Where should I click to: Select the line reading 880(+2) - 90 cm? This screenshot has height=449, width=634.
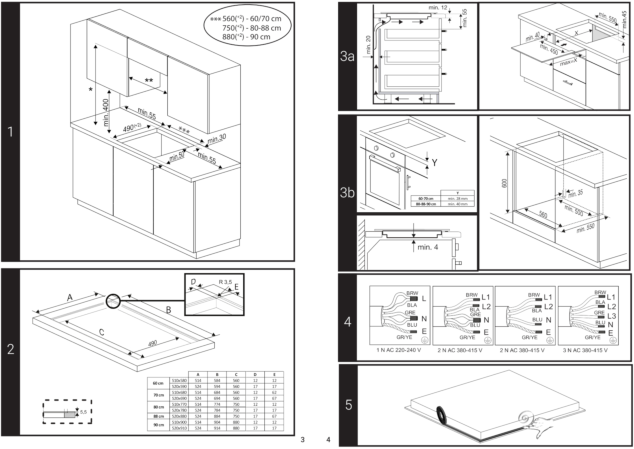(x=246, y=37)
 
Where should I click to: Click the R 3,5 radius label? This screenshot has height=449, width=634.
(x=225, y=282)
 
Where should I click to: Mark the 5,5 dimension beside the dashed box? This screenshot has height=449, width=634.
(x=83, y=412)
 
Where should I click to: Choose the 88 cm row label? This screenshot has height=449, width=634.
(x=158, y=416)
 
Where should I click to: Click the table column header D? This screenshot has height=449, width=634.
(x=255, y=375)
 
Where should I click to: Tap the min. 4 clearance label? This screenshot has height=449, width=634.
(x=428, y=247)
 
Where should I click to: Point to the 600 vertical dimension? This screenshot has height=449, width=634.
(x=504, y=183)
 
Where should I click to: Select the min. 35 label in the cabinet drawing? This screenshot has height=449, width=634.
(x=575, y=193)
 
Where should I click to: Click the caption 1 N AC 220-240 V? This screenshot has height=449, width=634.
(x=399, y=350)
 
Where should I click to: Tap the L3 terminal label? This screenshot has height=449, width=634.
(x=612, y=316)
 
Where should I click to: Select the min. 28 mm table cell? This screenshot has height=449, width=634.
(x=457, y=198)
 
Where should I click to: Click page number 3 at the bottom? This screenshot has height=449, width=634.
(x=302, y=440)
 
